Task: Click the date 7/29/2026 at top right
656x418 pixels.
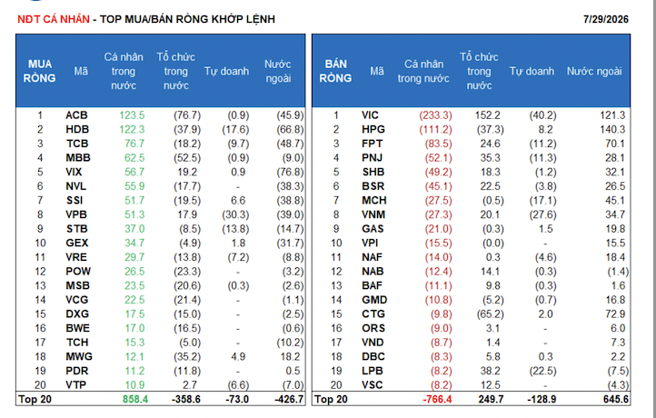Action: point(606,19)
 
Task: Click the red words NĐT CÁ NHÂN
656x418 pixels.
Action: point(54,19)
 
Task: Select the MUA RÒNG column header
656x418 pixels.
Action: point(40,71)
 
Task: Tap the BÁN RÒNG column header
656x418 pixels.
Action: point(335,71)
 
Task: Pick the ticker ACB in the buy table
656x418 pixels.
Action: point(76,115)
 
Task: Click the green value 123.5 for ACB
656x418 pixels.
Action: point(132,115)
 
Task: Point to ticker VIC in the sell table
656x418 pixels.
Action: point(371,115)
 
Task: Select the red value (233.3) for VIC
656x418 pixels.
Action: point(436,115)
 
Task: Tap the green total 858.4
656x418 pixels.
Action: point(135,400)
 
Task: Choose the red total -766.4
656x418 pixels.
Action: point(438,400)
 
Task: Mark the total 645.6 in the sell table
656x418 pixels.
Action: point(616,400)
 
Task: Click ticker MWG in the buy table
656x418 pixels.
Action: point(79,357)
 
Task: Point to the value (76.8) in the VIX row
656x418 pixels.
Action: point(291,173)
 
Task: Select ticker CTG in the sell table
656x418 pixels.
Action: point(373,314)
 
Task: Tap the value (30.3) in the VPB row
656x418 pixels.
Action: point(235,215)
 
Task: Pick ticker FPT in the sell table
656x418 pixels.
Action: point(373,144)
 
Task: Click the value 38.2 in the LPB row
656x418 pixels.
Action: point(491,371)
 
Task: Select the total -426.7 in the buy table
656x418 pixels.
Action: point(289,400)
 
